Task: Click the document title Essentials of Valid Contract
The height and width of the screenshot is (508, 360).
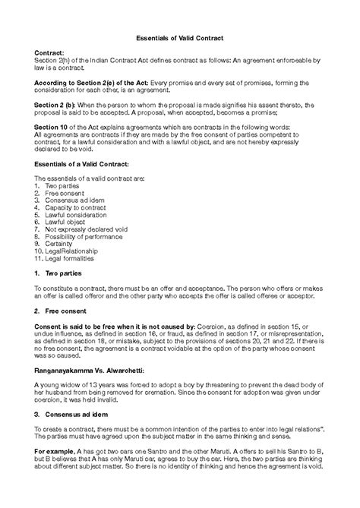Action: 179,37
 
